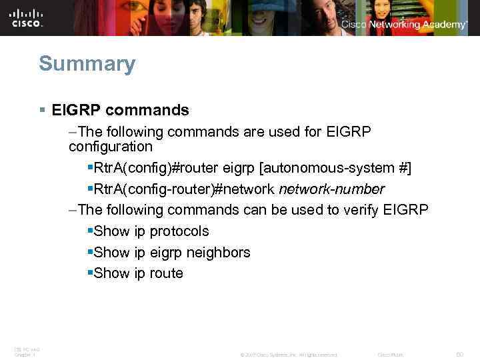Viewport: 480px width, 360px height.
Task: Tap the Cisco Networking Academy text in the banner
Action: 404,25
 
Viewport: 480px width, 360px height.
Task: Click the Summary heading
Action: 87,64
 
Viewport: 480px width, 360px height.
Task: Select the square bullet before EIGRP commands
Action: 42,110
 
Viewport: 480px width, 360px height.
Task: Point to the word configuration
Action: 110,146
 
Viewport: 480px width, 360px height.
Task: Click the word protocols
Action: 179,231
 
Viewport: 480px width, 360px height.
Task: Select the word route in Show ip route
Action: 167,273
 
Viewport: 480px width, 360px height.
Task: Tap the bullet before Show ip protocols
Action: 90,231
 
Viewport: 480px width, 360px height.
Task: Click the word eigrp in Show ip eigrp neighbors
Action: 167,253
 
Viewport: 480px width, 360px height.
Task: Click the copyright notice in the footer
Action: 288,354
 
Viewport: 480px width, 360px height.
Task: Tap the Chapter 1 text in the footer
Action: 25,355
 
